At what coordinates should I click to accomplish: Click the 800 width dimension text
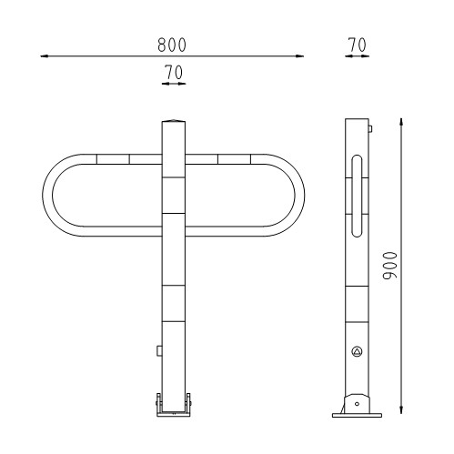coord(173,45)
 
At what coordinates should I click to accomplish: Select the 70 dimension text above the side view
coord(357,45)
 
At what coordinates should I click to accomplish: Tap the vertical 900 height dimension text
coord(389,267)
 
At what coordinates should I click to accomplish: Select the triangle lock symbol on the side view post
coord(357,351)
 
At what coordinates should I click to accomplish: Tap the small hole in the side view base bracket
coord(357,402)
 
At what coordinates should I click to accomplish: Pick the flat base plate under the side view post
coord(357,416)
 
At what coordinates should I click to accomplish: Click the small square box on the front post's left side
coord(159,349)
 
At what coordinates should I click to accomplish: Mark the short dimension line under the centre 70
coord(173,83)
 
